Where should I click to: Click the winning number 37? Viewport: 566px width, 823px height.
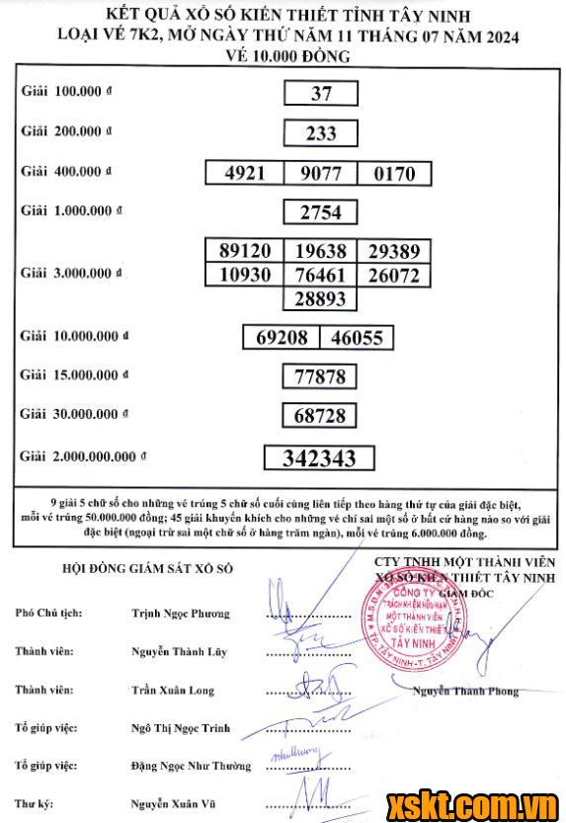click(x=321, y=93)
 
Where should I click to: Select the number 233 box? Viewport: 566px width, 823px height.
click(x=321, y=132)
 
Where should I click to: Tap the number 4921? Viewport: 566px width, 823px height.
click(x=245, y=173)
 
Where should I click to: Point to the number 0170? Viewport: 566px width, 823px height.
click(x=394, y=174)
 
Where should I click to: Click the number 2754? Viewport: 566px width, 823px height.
click(x=321, y=212)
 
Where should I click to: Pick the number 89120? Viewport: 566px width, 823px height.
click(x=245, y=251)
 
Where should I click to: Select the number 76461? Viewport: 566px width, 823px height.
click(x=321, y=274)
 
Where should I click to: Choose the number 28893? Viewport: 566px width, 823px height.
click(x=321, y=296)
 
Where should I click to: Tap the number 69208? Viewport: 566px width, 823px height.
click(x=282, y=338)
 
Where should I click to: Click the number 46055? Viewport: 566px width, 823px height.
click(x=356, y=338)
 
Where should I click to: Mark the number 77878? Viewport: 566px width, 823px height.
click(x=320, y=376)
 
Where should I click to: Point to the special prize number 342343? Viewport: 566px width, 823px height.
click(x=320, y=457)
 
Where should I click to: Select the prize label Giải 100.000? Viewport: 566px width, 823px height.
click(x=66, y=91)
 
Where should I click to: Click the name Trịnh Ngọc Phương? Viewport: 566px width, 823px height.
click(x=180, y=614)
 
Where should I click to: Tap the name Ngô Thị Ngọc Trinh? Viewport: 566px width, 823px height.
click(x=181, y=728)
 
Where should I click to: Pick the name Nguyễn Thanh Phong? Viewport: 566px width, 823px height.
click(x=466, y=691)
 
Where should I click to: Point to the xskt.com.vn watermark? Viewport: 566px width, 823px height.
click(x=474, y=800)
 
